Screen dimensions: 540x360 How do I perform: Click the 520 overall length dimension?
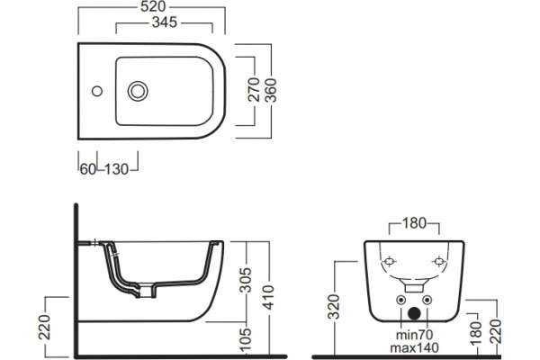coord(153,6)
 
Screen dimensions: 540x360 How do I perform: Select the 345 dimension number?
coord(165,22)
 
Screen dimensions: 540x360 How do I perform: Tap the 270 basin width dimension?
coord(254,90)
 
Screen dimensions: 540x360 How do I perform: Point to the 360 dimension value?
coord(271,90)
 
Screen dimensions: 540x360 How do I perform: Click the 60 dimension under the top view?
coord(88,169)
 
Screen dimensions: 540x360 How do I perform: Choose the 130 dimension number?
coord(116,169)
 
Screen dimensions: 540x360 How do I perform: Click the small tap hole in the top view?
coord(97,91)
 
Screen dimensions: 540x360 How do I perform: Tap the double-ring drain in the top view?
coord(138,91)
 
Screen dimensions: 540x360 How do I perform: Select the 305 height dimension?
coord(246,280)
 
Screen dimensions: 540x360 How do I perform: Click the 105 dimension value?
coord(246,340)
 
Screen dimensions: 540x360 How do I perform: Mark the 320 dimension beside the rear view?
coord(333,307)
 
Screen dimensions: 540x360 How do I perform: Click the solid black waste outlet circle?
coord(414,313)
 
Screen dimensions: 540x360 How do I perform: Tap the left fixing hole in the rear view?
coord(390,262)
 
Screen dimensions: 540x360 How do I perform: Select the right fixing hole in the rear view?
coord(439,262)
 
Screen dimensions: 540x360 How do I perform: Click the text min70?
coord(415,335)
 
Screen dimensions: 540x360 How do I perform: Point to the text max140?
coord(415,347)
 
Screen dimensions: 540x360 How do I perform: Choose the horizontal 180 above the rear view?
coord(414,223)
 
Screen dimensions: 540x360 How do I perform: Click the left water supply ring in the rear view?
coord(400,300)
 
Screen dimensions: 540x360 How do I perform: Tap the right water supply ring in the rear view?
coord(427,300)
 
